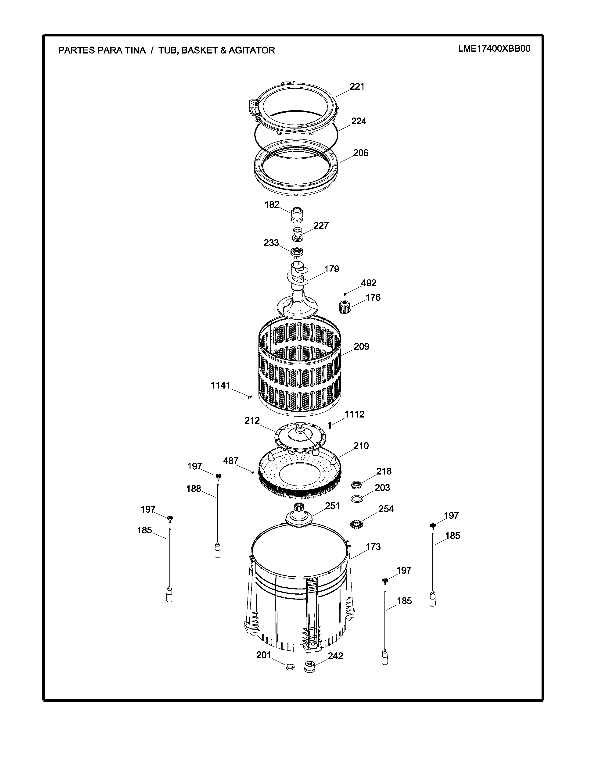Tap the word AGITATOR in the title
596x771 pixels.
click(x=252, y=50)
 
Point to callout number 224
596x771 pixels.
click(x=359, y=121)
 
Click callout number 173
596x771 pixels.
click(x=373, y=547)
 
